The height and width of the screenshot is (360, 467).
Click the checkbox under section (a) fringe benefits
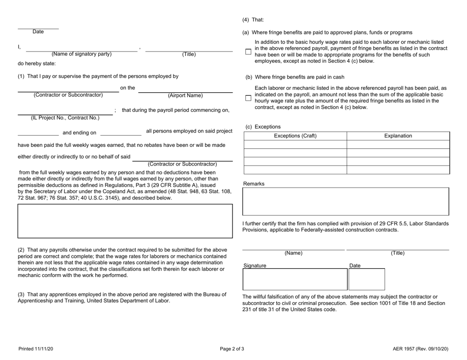click(248, 51)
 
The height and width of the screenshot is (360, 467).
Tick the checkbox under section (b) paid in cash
click(248, 97)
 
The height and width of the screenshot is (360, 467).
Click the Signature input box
click(294, 279)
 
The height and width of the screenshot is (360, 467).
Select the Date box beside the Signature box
click(367, 279)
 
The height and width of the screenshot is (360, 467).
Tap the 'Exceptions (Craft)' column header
click(295, 136)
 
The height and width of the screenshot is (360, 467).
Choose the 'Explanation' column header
click(398, 136)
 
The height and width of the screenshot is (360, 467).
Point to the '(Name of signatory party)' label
click(82, 55)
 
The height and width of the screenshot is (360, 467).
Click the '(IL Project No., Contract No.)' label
click(65, 117)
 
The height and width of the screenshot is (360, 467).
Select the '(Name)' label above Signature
click(293, 253)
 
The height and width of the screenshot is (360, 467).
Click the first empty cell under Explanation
click(398, 144)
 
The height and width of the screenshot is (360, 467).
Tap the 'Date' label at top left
click(38, 32)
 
